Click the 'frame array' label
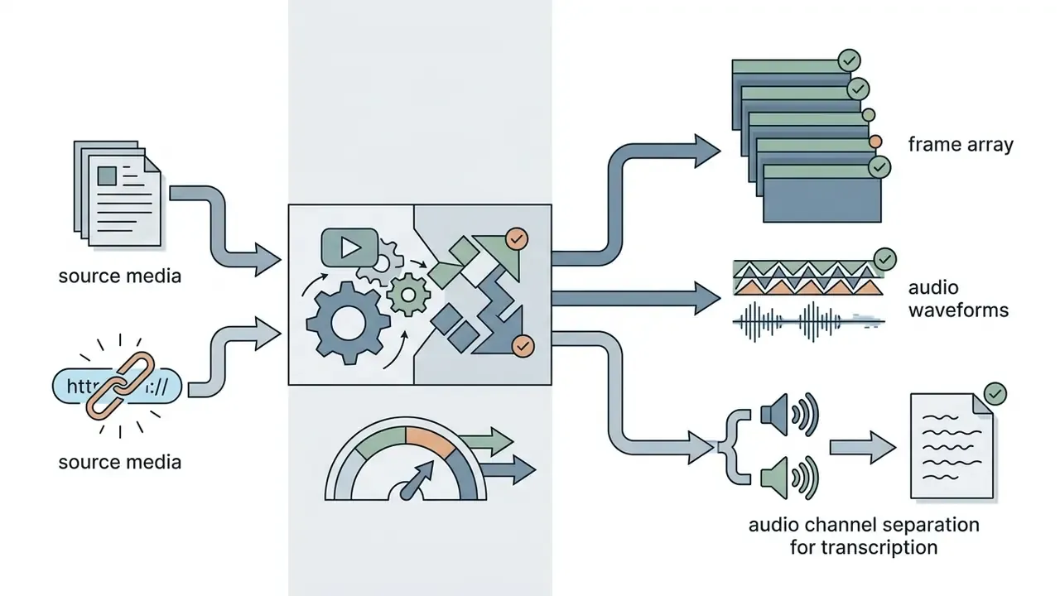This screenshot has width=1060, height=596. click(961, 144)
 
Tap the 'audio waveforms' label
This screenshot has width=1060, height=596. click(958, 299)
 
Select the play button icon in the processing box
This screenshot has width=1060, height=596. click(349, 248)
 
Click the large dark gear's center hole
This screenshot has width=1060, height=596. click(349, 323)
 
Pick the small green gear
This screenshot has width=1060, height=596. click(408, 296)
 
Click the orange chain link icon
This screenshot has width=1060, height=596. click(120, 386)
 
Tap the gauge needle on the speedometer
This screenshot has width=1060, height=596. click(417, 480)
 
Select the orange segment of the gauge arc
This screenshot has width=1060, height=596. click(430, 440)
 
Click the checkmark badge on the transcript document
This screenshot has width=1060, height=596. click(995, 394)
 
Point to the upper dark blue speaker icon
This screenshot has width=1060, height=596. click(789, 415)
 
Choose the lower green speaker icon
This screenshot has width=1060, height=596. click(789, 478)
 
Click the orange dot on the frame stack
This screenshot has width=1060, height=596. click(875, 142)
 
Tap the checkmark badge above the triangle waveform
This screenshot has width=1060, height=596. click(884, 259)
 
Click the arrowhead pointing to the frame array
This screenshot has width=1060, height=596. click(706, 151)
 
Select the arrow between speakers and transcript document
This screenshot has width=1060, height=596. click(863, 448)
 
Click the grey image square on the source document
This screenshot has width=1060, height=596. click(107, 176)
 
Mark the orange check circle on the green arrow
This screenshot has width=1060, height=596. click(517, 239)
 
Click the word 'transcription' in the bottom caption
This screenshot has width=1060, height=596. click(879, 547)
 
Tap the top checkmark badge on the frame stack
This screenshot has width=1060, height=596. click(850, 60)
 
